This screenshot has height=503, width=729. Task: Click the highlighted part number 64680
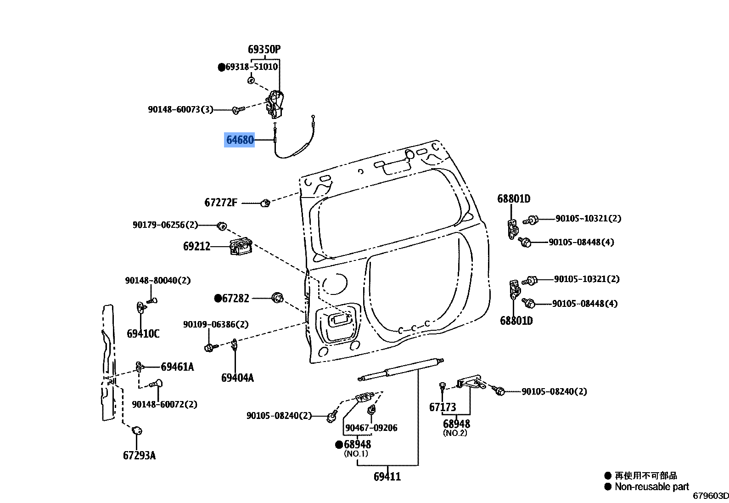pos(240,140)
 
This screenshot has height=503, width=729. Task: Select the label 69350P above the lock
pos(264,49)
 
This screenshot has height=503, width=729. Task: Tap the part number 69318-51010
pos(252,67)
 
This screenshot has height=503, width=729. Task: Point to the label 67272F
pos(221,203)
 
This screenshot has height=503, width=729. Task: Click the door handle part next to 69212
pos(241,247)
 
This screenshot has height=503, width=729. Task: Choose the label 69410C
pos(143,333)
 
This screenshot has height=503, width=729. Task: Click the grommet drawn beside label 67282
pos(278,298)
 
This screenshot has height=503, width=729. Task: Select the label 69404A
pos(238,378)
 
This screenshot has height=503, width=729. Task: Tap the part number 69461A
pos(177,367)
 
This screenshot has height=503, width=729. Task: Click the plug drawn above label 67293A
pos(137,430)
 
